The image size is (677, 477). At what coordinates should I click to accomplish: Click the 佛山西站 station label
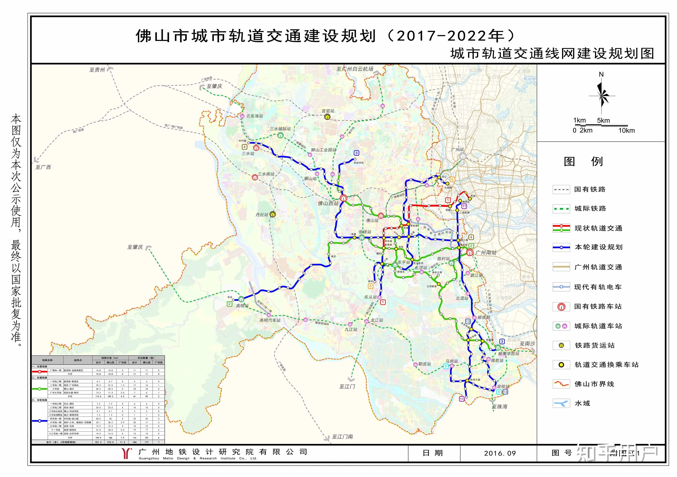tap(328, 203)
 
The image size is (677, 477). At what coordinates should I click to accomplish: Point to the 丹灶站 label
tap(262, 215)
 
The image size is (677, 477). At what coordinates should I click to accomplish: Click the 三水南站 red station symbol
tap(255, 177)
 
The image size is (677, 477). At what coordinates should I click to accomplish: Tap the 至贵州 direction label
tap(97, 70)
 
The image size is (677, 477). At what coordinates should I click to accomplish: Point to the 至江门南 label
tap(342, 437)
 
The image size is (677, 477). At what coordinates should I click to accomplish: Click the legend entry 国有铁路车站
tap(598, 306)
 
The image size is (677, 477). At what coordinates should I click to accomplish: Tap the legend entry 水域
tap(582, 403)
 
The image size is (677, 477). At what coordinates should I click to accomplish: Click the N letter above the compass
tap(601, 74)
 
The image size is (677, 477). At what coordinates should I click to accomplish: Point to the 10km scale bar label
tap(626, 130)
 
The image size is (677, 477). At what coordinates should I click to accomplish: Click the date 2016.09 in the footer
tap(500, 453)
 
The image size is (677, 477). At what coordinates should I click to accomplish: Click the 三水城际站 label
tap(280, 129)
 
